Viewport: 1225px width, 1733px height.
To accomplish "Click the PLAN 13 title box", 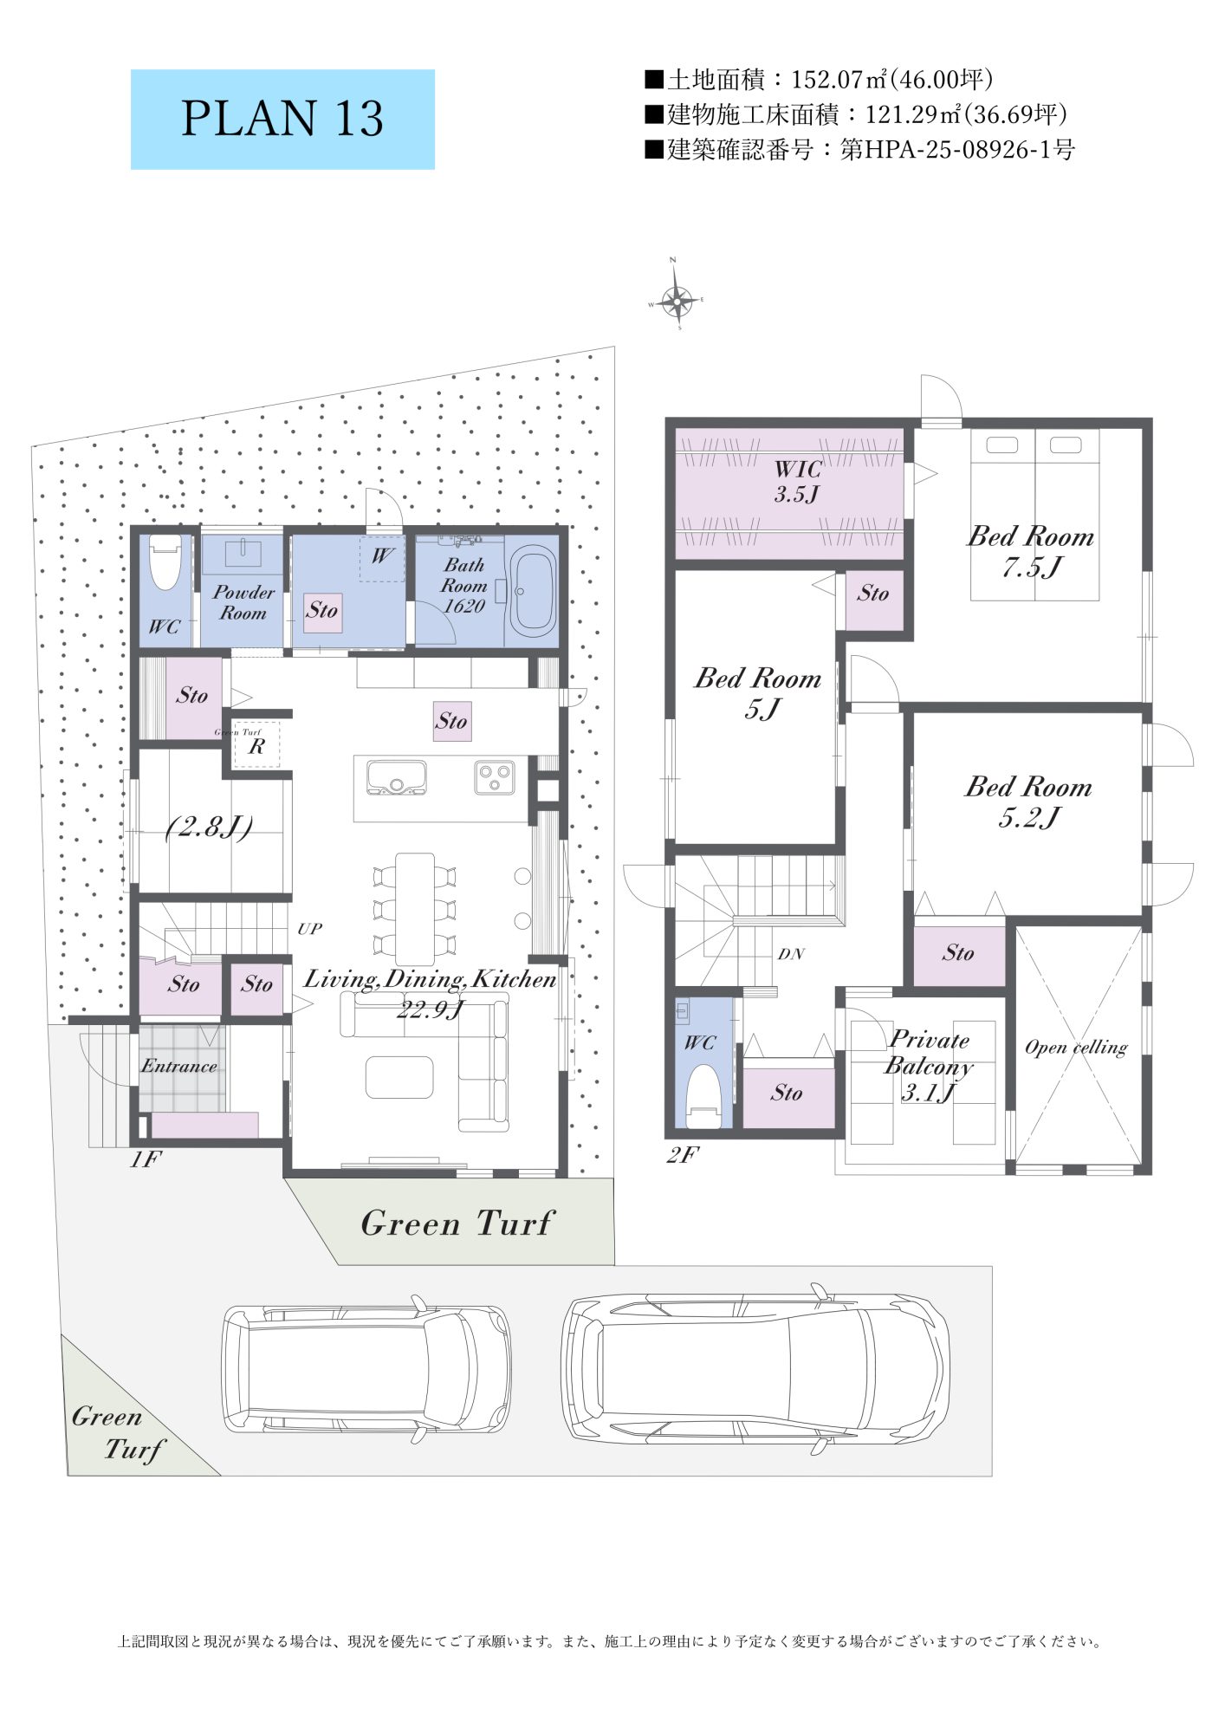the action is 282,120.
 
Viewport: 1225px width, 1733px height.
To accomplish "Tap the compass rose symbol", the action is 676,300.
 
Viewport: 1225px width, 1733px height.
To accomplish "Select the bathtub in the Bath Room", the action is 530,591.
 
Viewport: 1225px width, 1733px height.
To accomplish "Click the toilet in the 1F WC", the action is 164,561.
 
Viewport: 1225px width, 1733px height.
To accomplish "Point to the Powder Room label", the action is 243,602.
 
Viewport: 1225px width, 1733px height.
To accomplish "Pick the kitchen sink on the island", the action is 396,777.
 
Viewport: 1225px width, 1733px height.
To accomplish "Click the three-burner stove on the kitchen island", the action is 495,776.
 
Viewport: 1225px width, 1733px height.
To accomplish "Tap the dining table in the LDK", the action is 415,909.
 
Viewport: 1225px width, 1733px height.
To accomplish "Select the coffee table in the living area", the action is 399,1077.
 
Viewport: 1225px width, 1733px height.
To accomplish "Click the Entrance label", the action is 179,1066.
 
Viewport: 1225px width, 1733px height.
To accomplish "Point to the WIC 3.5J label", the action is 797,482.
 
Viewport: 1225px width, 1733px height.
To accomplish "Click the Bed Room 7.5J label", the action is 1030,551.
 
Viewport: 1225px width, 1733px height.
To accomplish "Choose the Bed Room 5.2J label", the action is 1028,802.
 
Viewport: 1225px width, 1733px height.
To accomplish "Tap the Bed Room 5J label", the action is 758,692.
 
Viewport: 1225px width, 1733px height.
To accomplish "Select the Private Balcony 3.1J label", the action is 929,1065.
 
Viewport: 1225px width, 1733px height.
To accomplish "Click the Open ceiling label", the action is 1076,1048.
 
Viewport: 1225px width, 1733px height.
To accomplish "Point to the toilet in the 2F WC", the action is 703,1095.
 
